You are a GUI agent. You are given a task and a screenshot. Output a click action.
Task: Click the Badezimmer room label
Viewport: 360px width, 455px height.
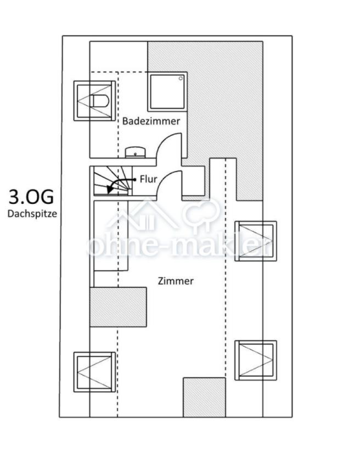point(151,121)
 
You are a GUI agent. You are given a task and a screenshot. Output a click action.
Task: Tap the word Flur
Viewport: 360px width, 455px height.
point(149,179)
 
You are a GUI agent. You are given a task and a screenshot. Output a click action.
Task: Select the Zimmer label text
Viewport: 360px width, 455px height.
point(176,281)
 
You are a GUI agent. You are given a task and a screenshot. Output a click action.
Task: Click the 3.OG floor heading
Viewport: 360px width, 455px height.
point(31,197)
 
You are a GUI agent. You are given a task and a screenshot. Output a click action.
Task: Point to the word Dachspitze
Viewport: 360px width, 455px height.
point(32,214)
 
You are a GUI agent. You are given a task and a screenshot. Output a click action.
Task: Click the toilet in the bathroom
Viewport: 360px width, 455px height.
point(100,101)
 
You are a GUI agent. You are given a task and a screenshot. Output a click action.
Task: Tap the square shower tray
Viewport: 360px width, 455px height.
point(167,92)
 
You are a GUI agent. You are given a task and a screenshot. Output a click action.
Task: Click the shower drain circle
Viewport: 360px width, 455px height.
point(181,78)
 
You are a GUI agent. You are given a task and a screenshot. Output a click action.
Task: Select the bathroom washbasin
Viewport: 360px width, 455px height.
point(135,152)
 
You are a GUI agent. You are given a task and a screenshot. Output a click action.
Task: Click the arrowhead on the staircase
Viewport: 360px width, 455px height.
point(110,190)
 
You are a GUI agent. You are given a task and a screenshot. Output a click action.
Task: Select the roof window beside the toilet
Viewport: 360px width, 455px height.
point(94,101)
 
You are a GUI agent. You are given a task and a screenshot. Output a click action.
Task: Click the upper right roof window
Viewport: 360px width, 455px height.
point(256,241)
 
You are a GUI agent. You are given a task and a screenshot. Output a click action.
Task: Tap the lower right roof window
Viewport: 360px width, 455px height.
point(256,360)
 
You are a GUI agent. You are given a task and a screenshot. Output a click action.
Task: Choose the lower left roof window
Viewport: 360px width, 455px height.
point(94,372)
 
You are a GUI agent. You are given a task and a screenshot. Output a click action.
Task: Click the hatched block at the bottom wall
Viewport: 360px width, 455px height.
point(204,397)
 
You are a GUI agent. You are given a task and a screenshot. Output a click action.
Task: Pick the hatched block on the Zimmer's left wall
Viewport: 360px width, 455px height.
point(118,307)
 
